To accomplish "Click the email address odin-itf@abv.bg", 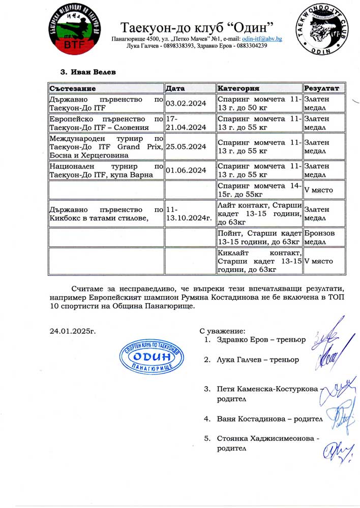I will pos(262,39).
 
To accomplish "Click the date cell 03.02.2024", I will pos(186,104).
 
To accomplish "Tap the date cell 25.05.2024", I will pos(186,146).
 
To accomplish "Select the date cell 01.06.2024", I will pos(186,170).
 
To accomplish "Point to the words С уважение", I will pos(223,331).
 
